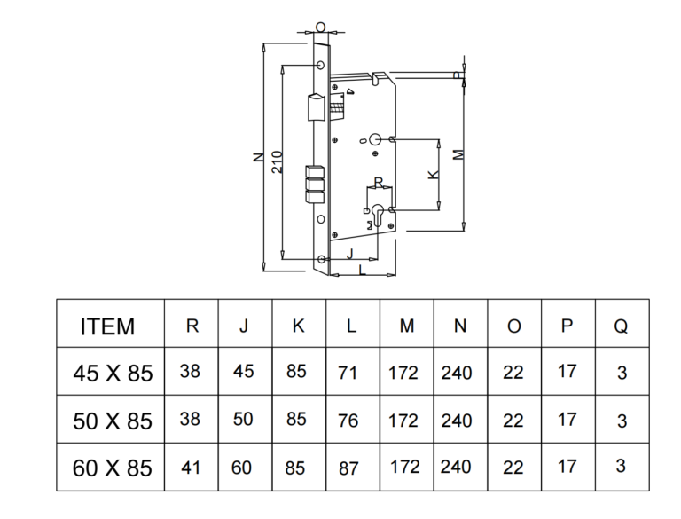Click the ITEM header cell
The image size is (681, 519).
[x=107, y=326]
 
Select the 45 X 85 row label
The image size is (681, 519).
[x=112, y=373]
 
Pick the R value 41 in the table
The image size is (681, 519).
[x=191, y=466]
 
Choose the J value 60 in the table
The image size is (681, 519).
[x=243, y=466]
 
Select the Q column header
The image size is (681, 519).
[x=621, y=326]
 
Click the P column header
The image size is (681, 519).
[x=567, y=325]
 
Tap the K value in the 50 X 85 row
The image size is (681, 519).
[x=296, y=419]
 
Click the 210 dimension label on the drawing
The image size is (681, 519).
[x=276, y=160]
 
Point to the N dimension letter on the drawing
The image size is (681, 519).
[x=257, y=158]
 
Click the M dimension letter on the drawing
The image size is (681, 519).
[x=458, y=153]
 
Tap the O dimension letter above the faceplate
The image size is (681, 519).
[x=320, y=28]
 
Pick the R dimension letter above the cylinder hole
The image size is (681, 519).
[x=379, y=182]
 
